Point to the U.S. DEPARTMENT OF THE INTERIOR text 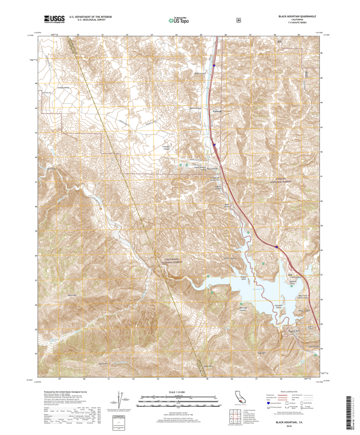tap(90, 17)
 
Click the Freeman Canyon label tap(167, 147)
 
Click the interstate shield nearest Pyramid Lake tap(277, 246)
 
